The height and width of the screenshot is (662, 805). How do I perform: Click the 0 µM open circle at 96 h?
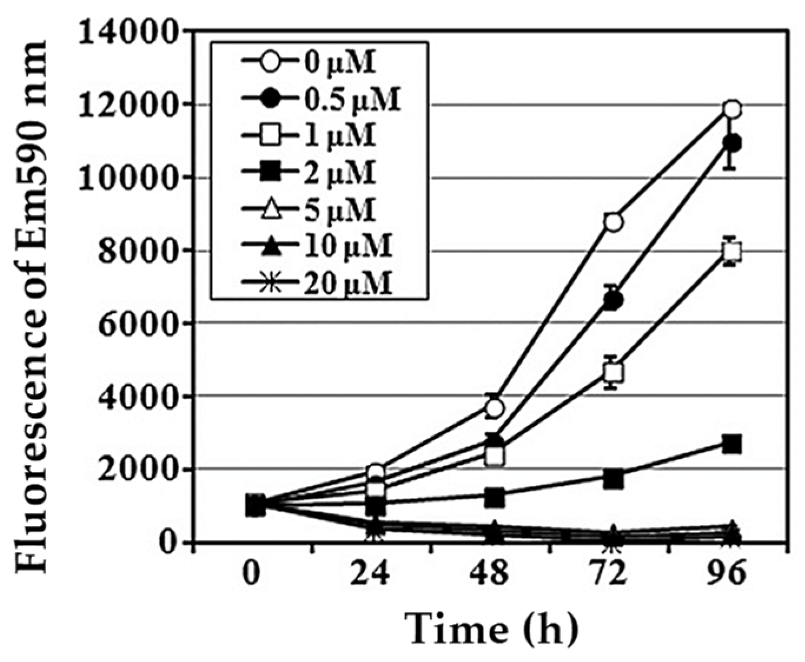click(732, 109)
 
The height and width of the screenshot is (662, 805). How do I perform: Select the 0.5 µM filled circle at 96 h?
click(732, 143)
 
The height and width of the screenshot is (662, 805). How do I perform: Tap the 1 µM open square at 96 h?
click(731, 252)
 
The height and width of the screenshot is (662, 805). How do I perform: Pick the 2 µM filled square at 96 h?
click(731, 444)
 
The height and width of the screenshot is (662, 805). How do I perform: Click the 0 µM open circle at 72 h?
click(613, 222)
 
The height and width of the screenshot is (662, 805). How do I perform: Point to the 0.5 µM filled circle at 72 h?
click(613, 301)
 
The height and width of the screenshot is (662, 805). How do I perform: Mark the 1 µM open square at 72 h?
click(613, 372)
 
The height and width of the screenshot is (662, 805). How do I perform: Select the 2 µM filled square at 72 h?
click(613, 479)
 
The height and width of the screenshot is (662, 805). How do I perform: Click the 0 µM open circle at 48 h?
click(495, 408)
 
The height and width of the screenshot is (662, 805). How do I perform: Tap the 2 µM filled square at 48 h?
click(495, 497)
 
